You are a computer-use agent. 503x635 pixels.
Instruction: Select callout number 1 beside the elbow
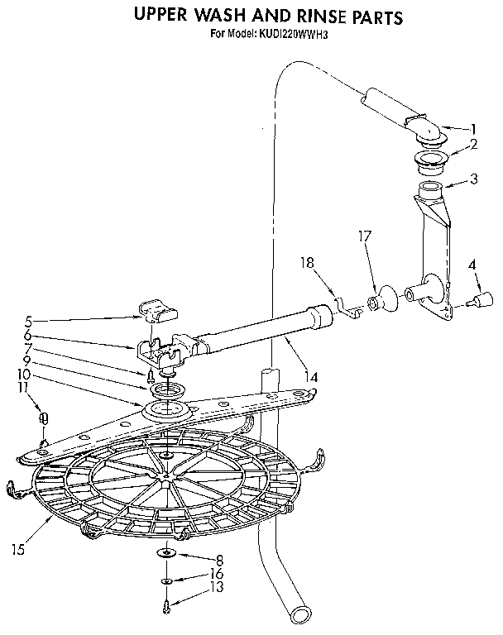coord(473,128)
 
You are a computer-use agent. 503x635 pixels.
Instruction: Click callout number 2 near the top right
coord(473,144)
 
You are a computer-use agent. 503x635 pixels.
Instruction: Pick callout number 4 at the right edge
coord(472,266)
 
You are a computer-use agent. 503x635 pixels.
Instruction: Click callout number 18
coord(307,262)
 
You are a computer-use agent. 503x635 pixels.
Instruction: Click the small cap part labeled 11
coord(44,419)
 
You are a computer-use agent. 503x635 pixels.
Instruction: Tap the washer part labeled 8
coord(167,553)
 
